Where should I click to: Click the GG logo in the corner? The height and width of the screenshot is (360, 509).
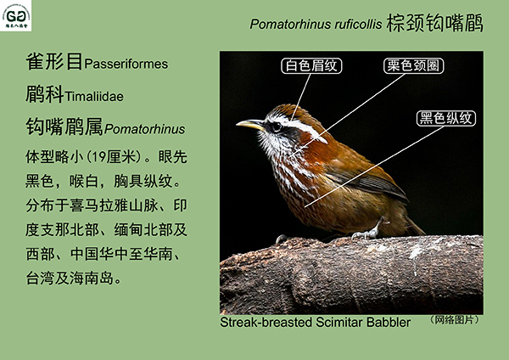15,15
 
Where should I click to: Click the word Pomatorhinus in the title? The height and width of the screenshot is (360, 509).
290,25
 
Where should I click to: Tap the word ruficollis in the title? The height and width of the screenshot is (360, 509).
358,24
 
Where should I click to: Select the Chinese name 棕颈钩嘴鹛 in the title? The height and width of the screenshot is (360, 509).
434,23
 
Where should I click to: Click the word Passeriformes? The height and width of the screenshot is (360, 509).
126,64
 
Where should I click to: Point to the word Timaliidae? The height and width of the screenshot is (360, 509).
94,97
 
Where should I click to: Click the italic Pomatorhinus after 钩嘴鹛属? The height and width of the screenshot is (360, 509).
145,129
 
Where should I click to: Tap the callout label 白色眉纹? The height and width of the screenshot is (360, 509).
311,65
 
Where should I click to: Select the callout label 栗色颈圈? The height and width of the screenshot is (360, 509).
414,65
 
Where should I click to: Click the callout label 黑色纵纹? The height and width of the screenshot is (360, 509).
446,118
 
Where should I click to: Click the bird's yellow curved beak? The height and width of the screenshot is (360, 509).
250,125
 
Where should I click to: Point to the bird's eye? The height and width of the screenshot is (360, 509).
277,127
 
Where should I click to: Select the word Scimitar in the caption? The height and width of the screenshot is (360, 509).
339,323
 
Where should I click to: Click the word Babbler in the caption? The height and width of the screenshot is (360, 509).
389,323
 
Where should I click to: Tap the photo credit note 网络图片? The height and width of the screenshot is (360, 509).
454,320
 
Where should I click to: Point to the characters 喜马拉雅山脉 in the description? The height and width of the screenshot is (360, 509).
114,205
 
